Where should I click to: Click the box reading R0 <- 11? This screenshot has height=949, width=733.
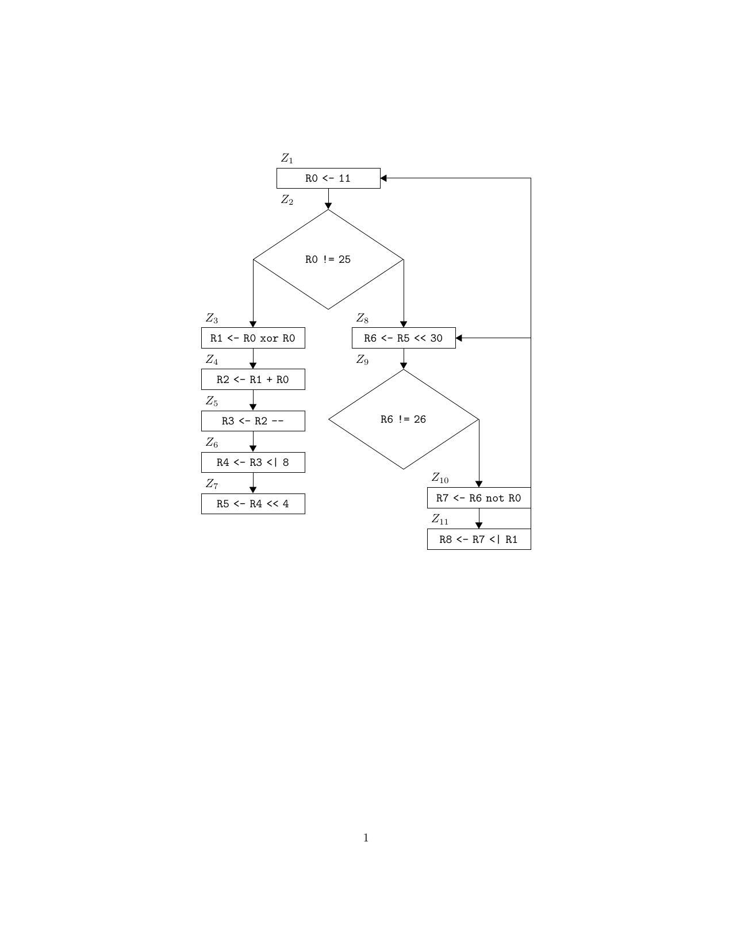pyautogui.click(x=328, y=178)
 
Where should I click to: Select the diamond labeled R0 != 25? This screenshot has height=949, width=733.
pyautogui.click(x=328, y=259)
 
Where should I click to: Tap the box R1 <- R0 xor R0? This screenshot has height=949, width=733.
pyautogui.click(x=253, y=338)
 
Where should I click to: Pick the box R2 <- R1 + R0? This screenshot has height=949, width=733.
pyautogui.click(x=253, y=380)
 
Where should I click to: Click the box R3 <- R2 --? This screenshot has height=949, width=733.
pyautogui.click(x=253, y=421)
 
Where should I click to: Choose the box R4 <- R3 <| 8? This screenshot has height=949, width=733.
pyautogui.click(x=253, y=462)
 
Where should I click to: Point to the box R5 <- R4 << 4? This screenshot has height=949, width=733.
pyautogui.click(x=253, y=504)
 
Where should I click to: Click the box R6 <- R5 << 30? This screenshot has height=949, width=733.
pyautogui.click(x=404, y=338)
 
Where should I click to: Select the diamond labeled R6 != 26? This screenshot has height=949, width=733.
pyautogui.click(x=404, y=419)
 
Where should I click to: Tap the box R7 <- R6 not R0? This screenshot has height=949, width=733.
pyautogui.click(x=479, y=498)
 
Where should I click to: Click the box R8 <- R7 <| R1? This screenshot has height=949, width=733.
pyautogui.click(x=479, y=539)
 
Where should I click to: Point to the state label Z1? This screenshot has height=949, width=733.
pyautogui.click(x=287, y=159)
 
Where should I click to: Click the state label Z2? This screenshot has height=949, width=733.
pyautogui.click(x=287, y=200)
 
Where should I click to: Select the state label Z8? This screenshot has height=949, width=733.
pyautogui.click(x=362, y=319)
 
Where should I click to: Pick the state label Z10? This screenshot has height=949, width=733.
pyautogui.click(x=440, y=479)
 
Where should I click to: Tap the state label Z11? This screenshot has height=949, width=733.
pyautogui.click(x=440, y=520)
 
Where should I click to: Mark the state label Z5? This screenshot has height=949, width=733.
pyautogui.click(x=212, y=401)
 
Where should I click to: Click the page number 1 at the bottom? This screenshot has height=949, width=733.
pyautogui.click(x=366, y=838)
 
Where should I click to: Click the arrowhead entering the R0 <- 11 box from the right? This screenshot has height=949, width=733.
pyautogui.click(x=384, y=178)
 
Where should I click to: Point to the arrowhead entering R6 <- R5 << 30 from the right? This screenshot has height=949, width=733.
pyautogui.click(x=459, y=338)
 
